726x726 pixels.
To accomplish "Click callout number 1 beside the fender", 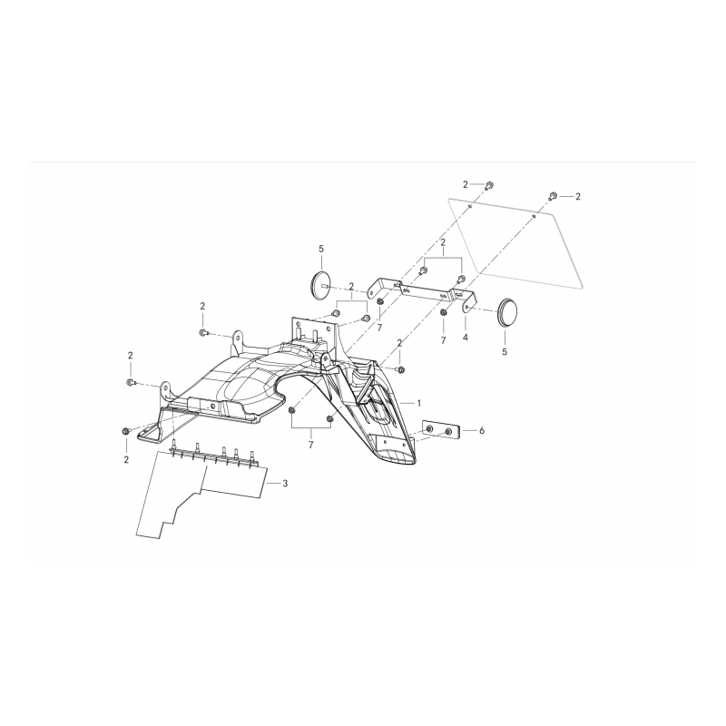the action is (419, 403).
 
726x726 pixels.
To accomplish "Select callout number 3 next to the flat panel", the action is (285, 484).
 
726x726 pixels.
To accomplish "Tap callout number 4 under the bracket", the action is (466, 338).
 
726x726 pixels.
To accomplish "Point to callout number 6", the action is (482, 430).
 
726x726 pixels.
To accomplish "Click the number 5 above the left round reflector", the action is (321, 249).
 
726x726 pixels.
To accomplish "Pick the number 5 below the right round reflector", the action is (505, 352).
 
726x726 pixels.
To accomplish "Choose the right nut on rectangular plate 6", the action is (448, 433).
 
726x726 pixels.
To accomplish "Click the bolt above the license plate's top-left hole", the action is (488, 186).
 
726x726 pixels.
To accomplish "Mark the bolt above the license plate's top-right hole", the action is (553, 195).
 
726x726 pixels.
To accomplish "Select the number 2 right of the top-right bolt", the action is (578, 197).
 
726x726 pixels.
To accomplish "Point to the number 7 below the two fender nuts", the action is (310, 445).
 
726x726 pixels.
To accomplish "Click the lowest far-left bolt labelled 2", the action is (125, 432).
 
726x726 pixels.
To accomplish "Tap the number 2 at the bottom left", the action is (126, 460).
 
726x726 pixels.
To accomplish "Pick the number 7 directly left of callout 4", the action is (443, 340).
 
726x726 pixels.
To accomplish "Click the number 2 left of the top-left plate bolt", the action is (466, 185).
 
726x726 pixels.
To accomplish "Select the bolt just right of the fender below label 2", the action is (400, 369).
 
